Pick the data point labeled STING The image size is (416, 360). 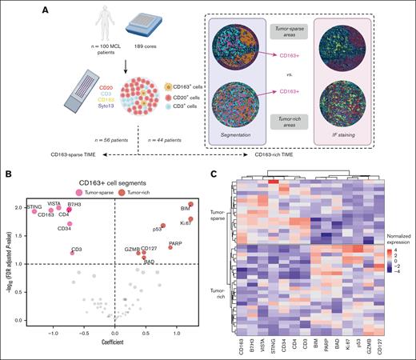[34, 212]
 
